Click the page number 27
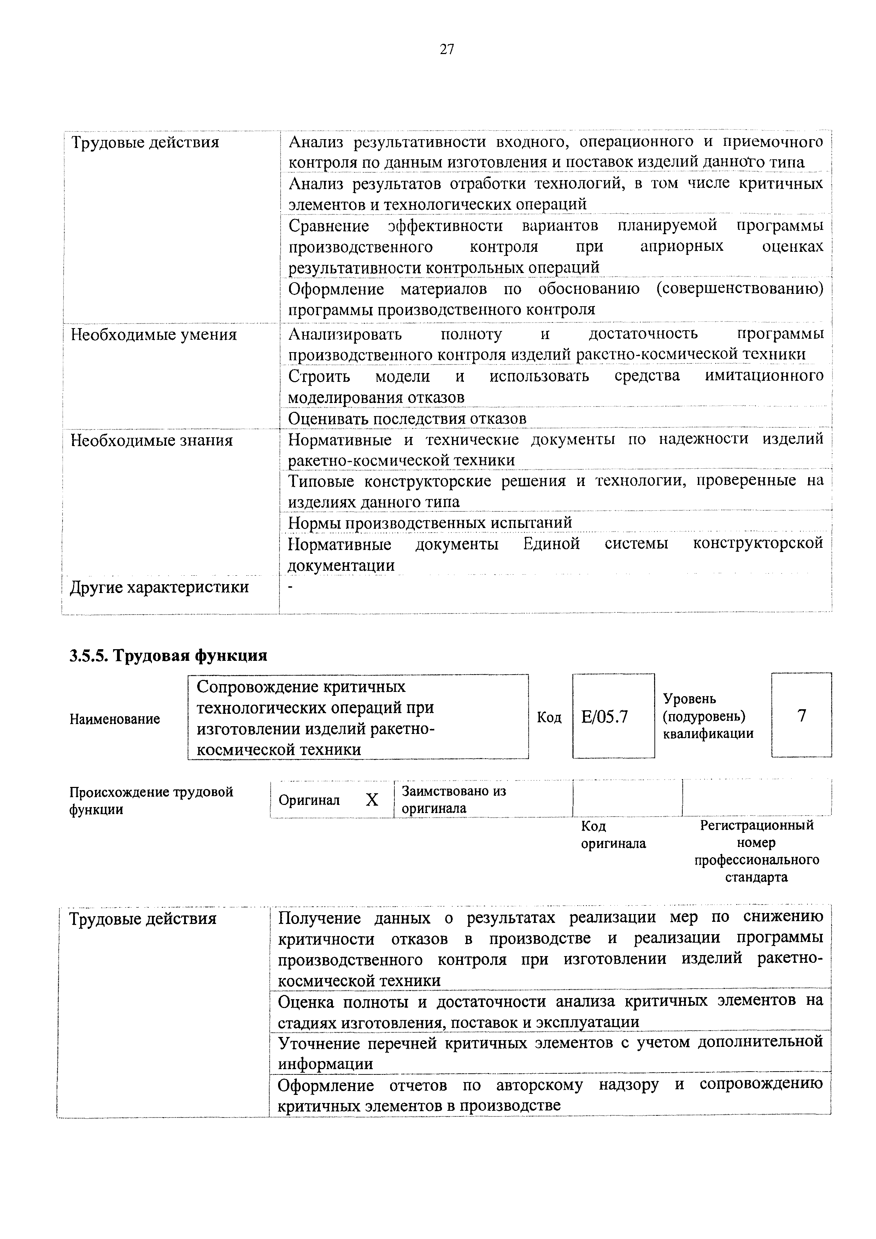point(447,50)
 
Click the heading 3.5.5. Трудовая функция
point(169,655)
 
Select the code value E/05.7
point(605,717)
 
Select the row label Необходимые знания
point(152,440)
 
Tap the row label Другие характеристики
point(160,587)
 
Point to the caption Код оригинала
point(613,835)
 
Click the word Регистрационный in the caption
point(757,825)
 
